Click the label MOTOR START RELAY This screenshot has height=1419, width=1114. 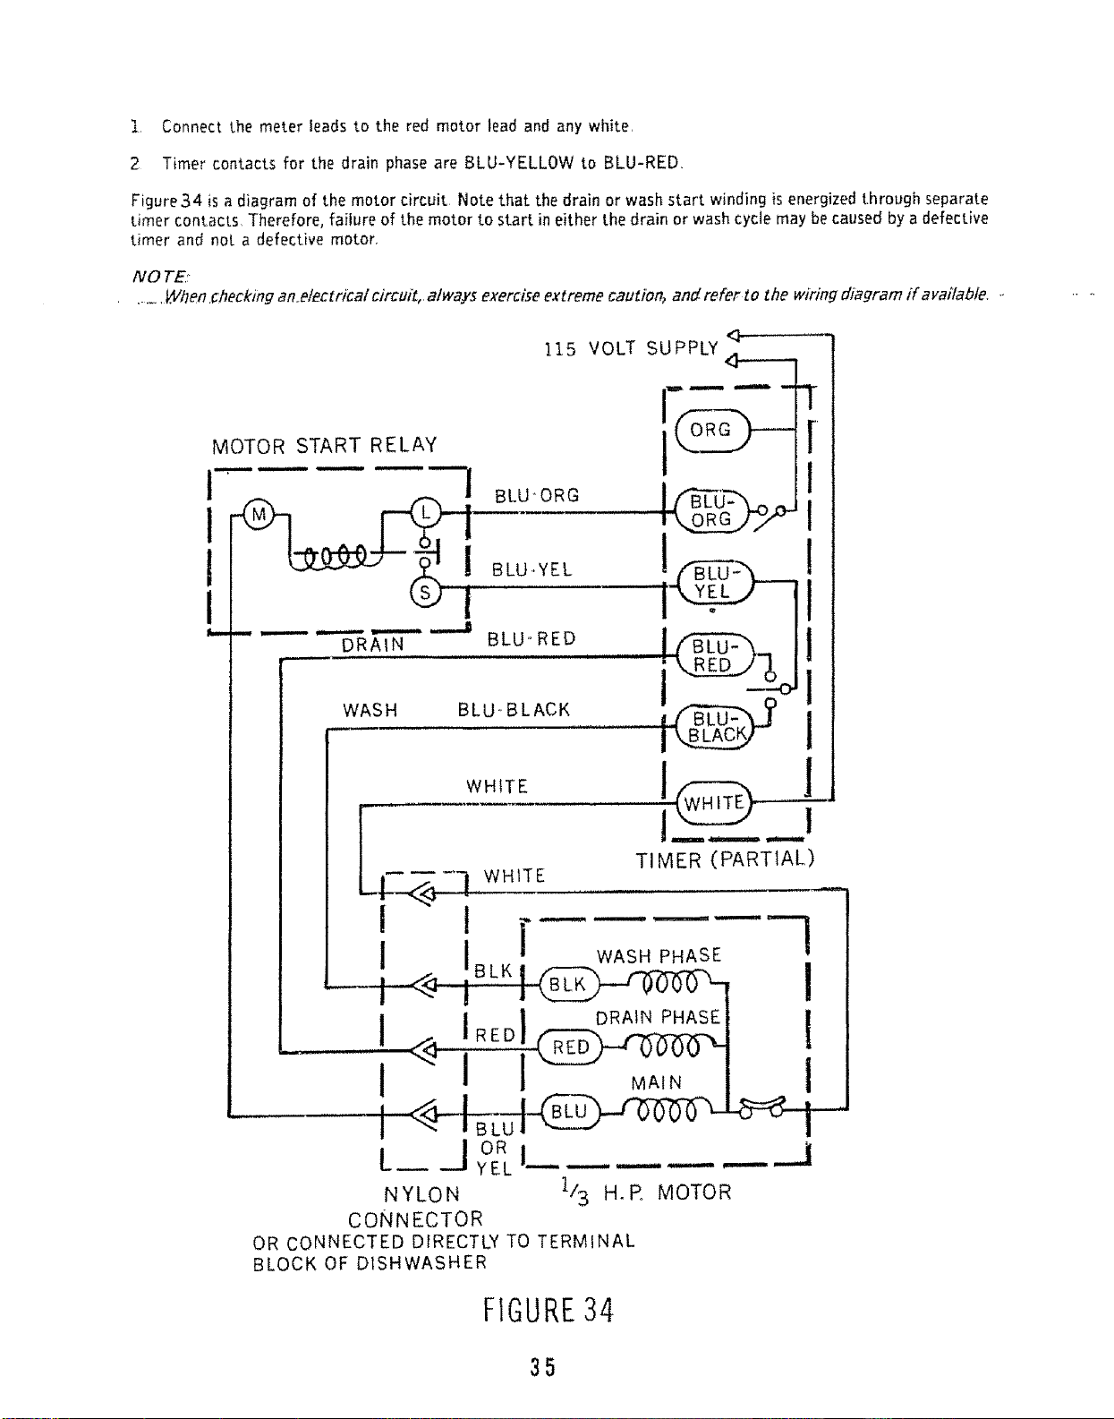click(x=324, y=446)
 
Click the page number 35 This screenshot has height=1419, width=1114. click(x=543, y=1367)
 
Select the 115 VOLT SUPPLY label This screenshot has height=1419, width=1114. click(x=632, y=349)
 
